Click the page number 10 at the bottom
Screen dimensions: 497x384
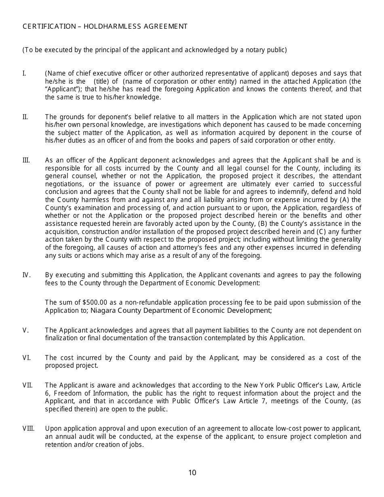coord(192,473)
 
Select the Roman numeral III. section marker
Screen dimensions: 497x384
coord(26,160)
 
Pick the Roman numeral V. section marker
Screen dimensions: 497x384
coord(25,331)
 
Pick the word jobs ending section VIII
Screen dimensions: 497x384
coord(135,445)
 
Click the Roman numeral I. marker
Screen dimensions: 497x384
coord(24,74)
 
